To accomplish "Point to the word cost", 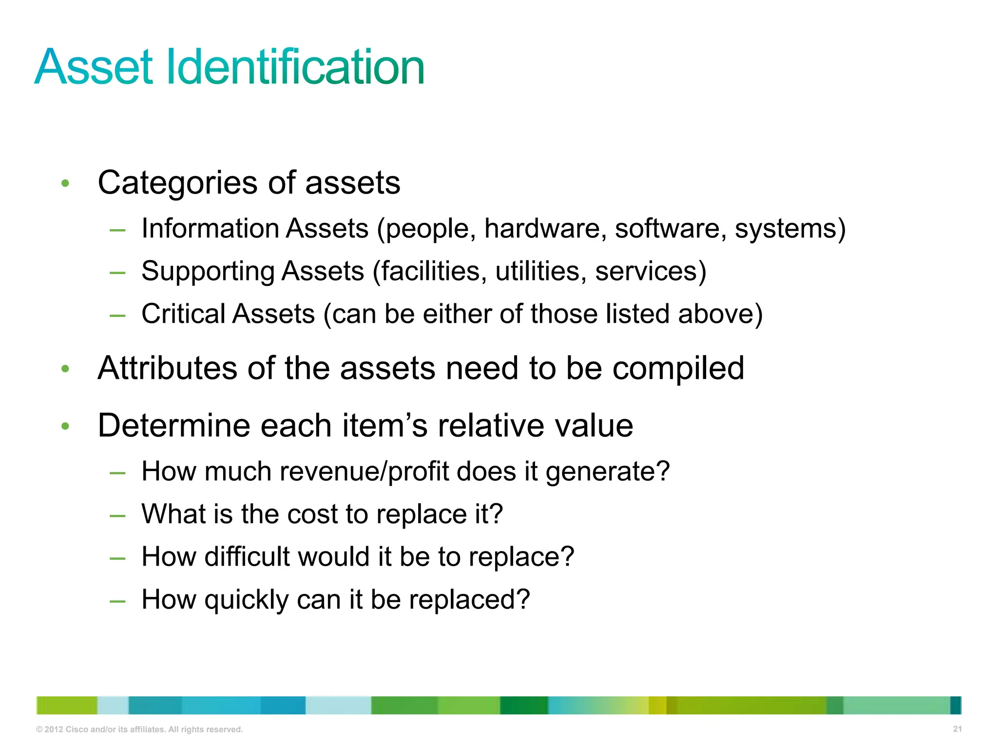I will [312, 514].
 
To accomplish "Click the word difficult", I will [248, 557].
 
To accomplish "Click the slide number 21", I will [957, 729].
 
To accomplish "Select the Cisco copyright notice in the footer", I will [139, 729].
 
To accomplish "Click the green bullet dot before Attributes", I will [65, 369].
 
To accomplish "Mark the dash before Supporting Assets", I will [117, 273].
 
